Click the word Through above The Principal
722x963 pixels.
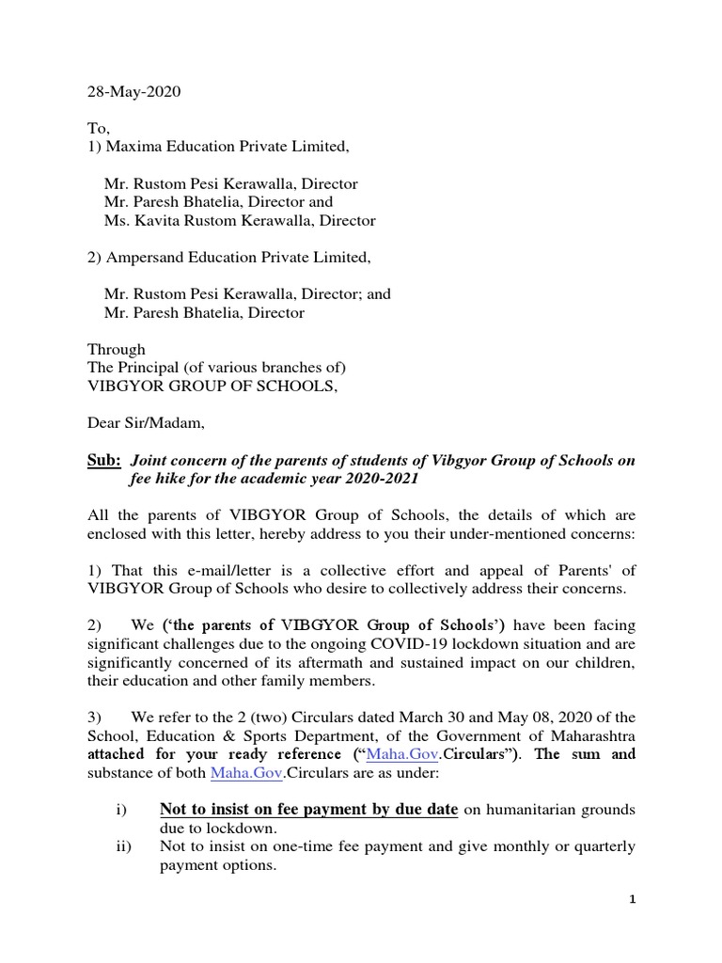pos(117,348)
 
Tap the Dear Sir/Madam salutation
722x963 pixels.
pos(145,423)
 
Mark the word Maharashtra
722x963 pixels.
pos(590,736)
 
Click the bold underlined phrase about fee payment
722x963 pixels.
pos(308,810)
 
